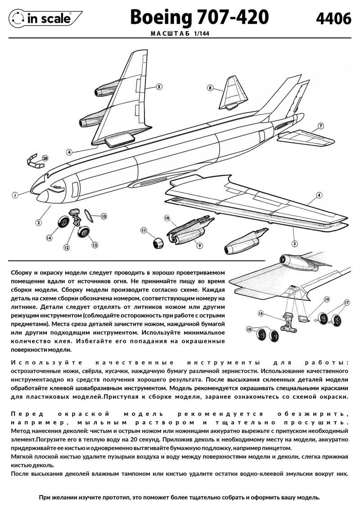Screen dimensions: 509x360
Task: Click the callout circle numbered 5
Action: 159,86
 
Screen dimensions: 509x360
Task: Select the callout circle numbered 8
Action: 210,88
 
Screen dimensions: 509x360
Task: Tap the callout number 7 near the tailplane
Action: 320,126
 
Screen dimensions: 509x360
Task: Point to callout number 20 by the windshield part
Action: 45,158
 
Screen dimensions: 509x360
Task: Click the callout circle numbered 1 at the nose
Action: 15,195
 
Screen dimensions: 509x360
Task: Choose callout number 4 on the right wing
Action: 319,195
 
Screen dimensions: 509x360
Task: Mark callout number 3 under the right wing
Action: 294,231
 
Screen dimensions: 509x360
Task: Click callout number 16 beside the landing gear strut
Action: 261,313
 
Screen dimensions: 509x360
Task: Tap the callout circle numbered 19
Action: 327,299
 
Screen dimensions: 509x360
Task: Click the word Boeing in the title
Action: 161,17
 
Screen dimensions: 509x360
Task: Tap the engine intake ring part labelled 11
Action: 158,243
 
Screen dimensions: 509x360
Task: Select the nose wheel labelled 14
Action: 64,222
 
